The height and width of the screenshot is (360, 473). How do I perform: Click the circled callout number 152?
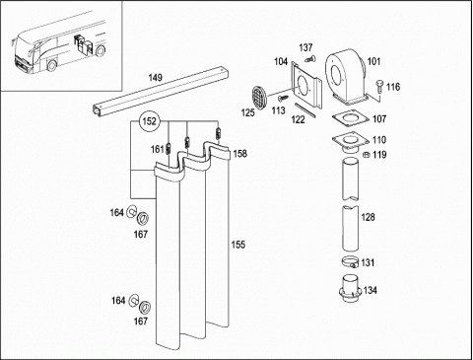[150, 121]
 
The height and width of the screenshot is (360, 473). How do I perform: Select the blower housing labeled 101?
[346, 77]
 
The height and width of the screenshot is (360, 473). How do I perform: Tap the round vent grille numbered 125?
[259, 98]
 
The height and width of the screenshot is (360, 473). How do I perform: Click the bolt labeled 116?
[378, 87]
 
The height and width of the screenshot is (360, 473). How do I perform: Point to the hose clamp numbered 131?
[351, 262]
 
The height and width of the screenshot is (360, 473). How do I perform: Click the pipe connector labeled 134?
[351, 289]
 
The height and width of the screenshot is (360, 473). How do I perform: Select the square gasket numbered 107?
[351, 119]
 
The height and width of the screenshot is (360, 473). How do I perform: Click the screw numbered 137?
[309, 59]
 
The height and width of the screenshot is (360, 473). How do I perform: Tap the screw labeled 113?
[283, 98]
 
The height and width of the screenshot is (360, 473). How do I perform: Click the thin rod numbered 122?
[304, 109]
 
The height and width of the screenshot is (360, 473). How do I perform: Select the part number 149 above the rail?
[155, 78]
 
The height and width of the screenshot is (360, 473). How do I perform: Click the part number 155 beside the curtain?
[238, 245]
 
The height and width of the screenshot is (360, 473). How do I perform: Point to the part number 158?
[240, 154]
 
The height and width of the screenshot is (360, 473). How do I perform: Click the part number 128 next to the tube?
[368, 217]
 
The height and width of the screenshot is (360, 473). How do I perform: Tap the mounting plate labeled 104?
[305, 85]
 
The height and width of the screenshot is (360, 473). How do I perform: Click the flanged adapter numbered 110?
[351, 143]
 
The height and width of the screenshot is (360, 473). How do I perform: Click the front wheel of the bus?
[51, 65]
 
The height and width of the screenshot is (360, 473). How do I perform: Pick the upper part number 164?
[116, 213]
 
